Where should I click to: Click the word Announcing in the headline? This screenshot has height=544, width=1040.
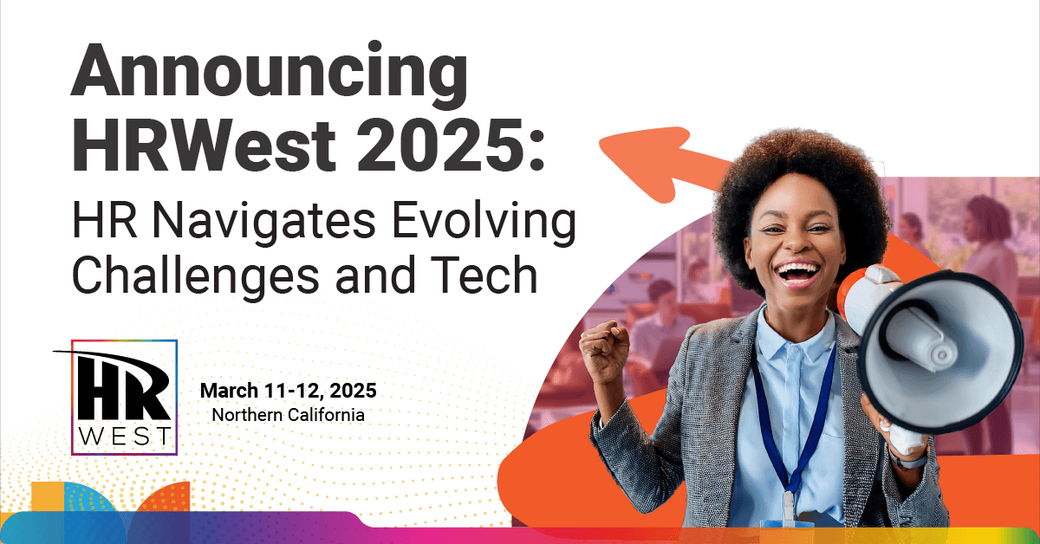(270, 70)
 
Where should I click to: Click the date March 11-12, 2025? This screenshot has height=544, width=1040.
(289, 391)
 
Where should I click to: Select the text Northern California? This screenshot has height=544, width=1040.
(289, 415)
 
